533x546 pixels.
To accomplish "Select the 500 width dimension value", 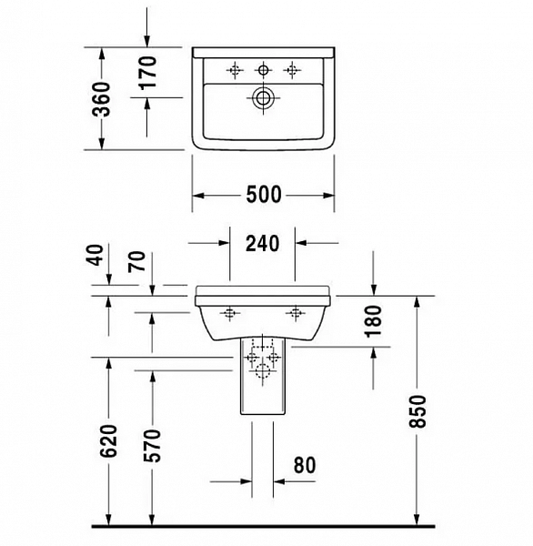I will (x=264, y=195).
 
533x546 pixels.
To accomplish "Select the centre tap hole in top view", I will (x=264, y=68).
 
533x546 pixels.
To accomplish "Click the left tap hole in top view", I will (x=234, y=68).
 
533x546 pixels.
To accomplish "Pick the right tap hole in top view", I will (x=293, y=68).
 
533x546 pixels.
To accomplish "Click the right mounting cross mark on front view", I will (x=296, y=315).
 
